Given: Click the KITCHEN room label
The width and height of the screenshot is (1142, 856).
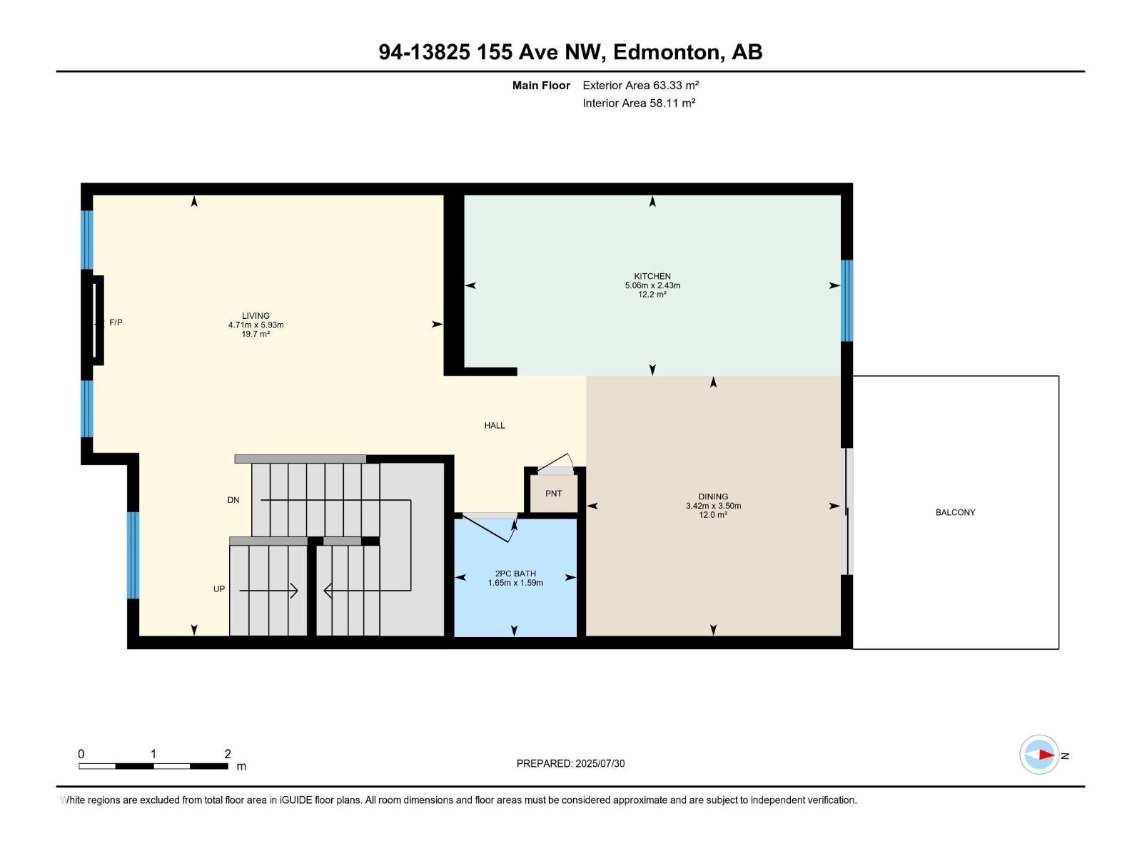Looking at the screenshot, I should pyautogui.click(x=652, y=276).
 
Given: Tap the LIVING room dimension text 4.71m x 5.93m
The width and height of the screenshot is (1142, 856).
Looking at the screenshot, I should pyautogui.click(x=256, y=325).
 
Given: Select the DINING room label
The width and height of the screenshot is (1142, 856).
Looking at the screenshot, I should pyautogui.click(x=713, y=496).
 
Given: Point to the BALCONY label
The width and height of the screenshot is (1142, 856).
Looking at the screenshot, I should pyautogui.click(x=955, y=512).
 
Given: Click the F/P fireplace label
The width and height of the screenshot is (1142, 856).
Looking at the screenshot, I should pyautogui.click(x=116, y=322).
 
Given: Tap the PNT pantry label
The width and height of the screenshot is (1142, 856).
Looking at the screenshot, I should pyautogui.click(x=553, y=494).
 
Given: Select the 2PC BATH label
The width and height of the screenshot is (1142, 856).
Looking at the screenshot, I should pyautogui.click(x=515, y=574).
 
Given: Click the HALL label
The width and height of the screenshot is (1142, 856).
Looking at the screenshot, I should pyautogui.click(x=494, y=425).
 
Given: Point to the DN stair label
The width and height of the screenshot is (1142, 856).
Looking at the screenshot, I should pyautogui.click(x=233, y=500).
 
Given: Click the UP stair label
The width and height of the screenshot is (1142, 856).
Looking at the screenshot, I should pyautogui.click(x=219, y=589).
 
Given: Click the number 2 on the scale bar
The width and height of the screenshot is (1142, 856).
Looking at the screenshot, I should pyautogui.click(x=228, y=754).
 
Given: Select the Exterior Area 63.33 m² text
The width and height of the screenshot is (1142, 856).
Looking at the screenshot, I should pyautogui.click(x=640, y=85).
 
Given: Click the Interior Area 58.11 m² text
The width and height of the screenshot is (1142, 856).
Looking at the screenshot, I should pyautogui.click(x=639, y=103).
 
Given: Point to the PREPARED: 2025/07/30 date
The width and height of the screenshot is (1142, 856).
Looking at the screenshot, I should pyautogui.click(x=570, y=763).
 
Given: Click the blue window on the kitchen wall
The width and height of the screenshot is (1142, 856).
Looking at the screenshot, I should pyautogui.click(x=847, y=300).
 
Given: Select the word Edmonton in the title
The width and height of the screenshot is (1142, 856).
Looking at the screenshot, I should pyautogui.click(x=666, y=52).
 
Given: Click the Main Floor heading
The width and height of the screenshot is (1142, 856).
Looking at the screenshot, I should pyautogui.click(x=541, y=85).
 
